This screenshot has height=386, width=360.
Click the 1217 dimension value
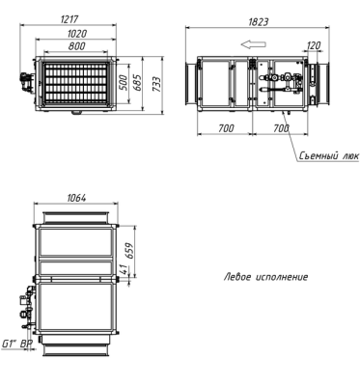pos(69,19)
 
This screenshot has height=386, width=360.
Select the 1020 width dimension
pos(77,34)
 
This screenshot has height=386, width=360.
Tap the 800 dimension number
pos(77,46)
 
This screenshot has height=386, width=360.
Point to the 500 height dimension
pos(123,84)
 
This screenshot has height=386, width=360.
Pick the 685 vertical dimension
pos(137,83)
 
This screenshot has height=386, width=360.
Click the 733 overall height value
pos(156,84)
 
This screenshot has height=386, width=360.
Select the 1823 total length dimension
pos(259,22)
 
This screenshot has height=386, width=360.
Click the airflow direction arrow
pos(254,44)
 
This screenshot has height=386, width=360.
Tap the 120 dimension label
pos(314,46)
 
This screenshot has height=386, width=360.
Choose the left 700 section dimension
pos(227,128)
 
